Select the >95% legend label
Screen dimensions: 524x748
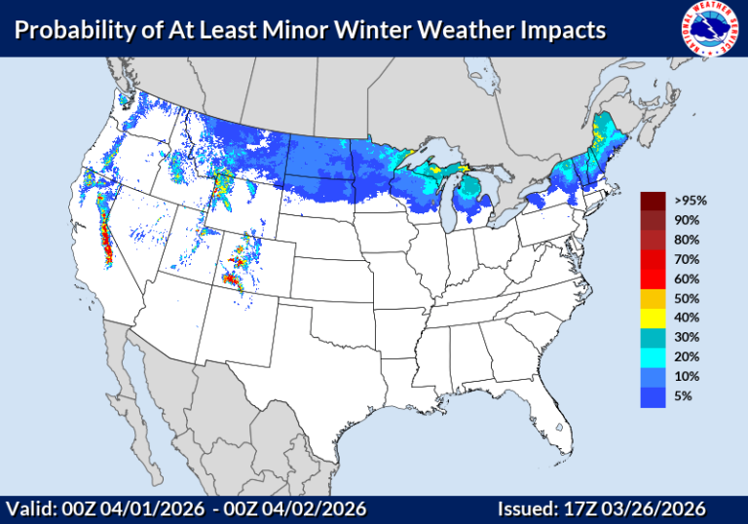click(x=687, y=201)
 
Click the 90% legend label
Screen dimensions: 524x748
click(x=685, y=220)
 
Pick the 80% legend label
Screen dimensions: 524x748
click(x=685, y=240)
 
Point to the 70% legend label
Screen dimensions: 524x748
click(x=685, y=259)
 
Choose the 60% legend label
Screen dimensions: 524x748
click(x=685, y=279)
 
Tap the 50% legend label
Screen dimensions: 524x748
click(x=685, y=298)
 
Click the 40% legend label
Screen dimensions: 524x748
click(x=685, y=318)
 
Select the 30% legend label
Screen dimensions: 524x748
click(x=685, y=337)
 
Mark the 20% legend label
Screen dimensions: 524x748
click(x=685, y=356)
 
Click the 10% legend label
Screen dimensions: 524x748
click(x=685, y=376)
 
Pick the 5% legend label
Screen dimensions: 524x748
click(x=681, y=395)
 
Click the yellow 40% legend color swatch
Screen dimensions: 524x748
click(x=653, y=318)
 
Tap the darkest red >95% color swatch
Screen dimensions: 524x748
click(x=653, y=201)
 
